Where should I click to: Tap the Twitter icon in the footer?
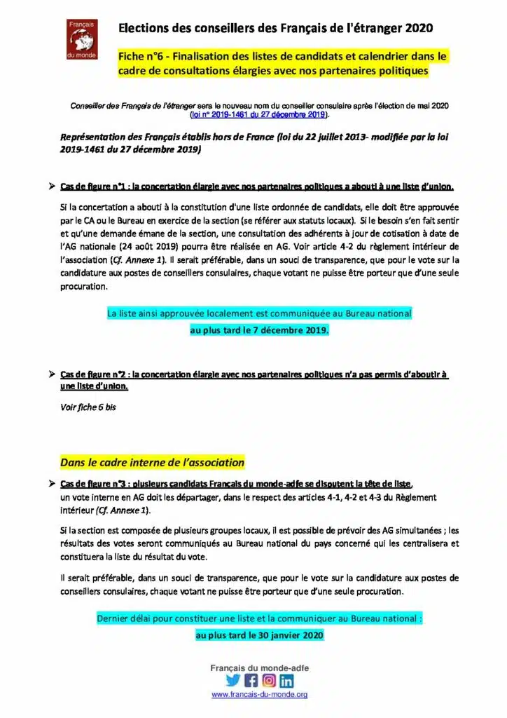pos(233,680)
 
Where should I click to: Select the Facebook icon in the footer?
pos(251,680)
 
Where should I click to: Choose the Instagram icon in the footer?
pos(269,680)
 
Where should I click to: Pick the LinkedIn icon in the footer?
pos(286,680)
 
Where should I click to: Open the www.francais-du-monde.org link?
pos(259,694)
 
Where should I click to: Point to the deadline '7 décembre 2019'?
pos(293,330)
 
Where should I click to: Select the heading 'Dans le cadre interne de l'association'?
pos(152,462)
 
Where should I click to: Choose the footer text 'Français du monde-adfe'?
pos(259,668)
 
